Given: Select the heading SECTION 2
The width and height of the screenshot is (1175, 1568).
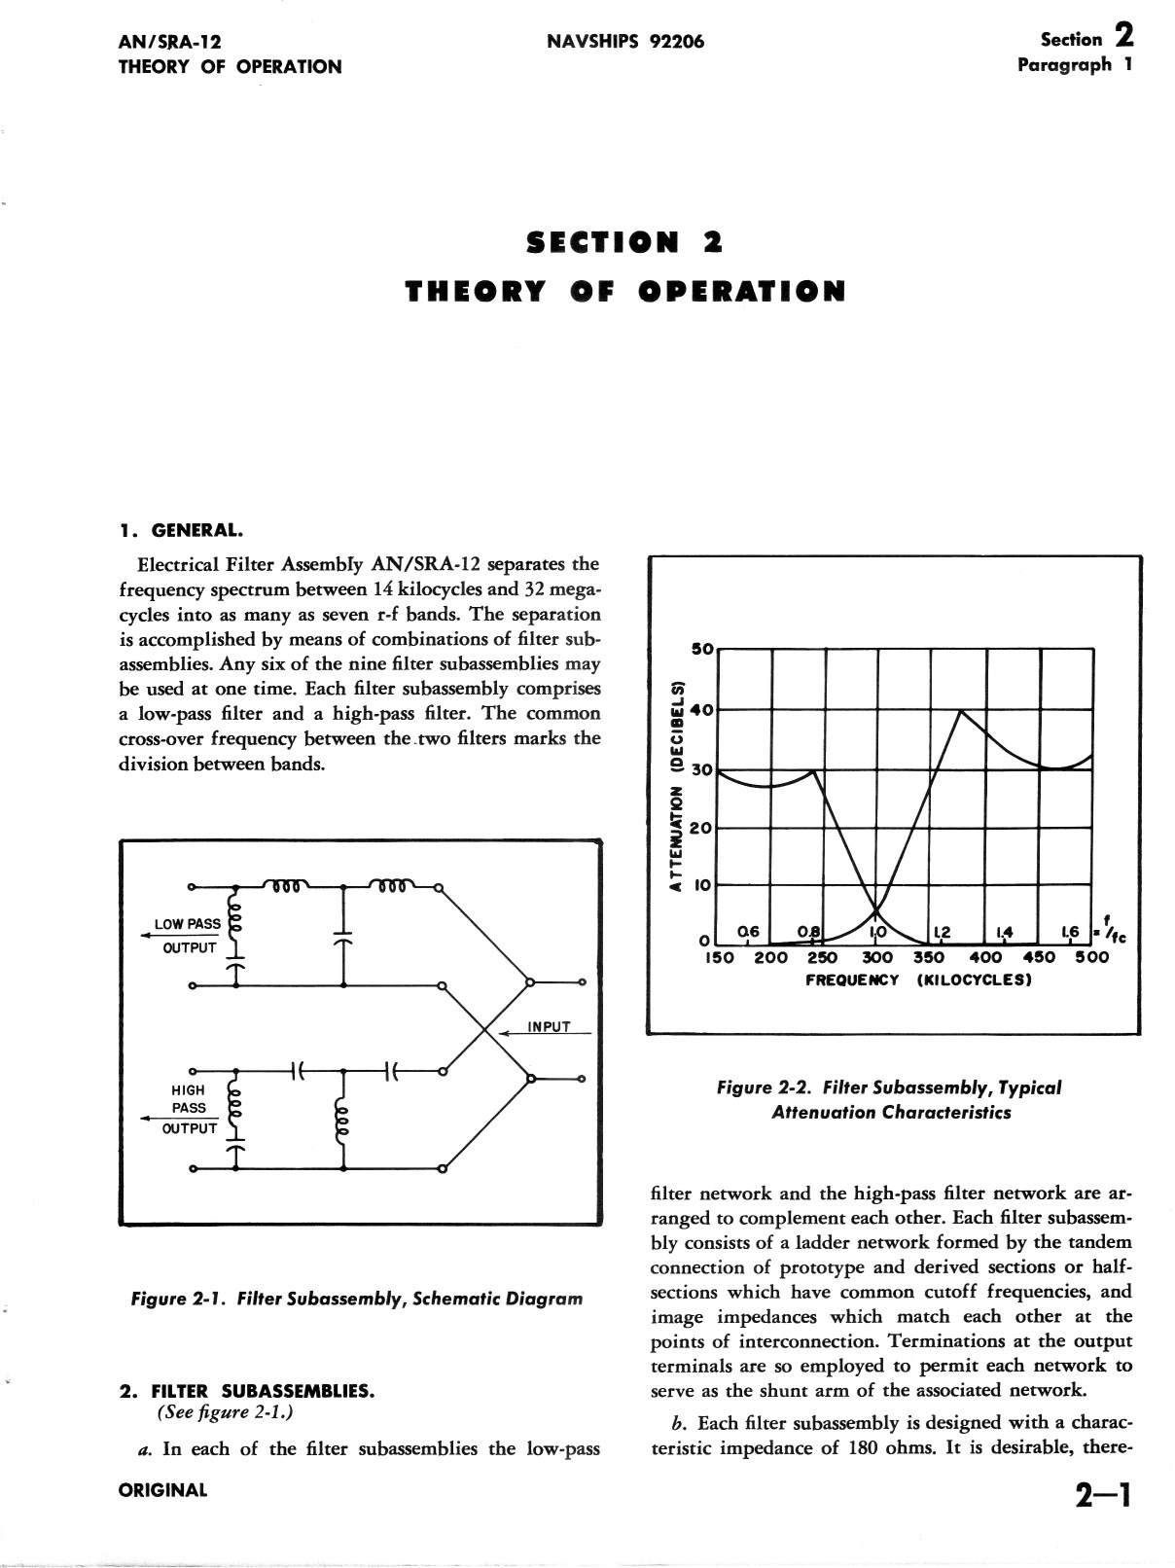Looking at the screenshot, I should [623, 242].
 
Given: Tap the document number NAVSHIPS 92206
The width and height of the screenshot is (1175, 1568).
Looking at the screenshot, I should [624, 42].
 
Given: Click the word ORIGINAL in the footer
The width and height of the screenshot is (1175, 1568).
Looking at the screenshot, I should [162, 1489].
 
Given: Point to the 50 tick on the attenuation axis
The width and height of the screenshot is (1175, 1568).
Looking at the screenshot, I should [702, 648].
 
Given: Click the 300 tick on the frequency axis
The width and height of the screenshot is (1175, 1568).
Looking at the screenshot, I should [877, 957].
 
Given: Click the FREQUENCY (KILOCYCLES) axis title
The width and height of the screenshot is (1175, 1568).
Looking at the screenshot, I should [917, 980].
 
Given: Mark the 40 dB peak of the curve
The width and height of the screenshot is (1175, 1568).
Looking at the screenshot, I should [961, 711].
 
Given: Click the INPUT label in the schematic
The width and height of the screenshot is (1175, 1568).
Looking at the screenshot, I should [550, 1027].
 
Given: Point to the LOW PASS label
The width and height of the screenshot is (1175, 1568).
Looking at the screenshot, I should [188, 924].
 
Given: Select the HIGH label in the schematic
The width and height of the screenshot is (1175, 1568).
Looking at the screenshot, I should [189, 1090].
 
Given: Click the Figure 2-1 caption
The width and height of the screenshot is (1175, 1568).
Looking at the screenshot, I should [357, 1299].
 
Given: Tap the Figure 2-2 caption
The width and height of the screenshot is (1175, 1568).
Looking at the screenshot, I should [889, 1100].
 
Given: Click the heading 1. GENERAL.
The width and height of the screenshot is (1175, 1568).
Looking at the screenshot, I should [180, 531].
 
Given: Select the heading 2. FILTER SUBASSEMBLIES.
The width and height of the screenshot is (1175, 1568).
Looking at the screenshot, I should [246, 1391].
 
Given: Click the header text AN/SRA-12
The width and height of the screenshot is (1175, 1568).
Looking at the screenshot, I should [169, 42].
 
